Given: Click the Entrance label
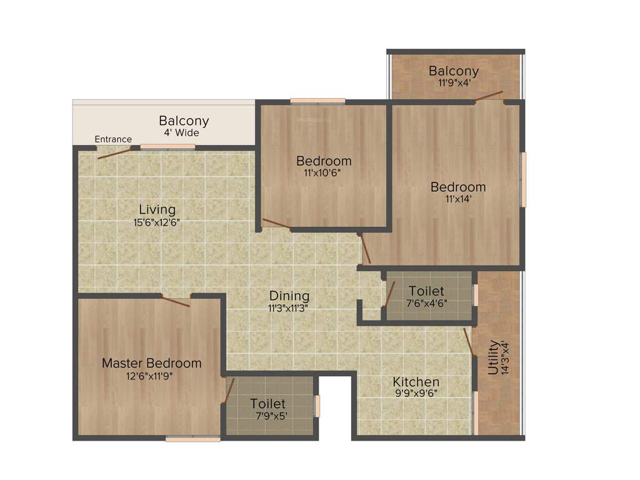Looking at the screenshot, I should coord(113,139).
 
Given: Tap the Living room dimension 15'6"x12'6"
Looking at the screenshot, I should coord(157,222).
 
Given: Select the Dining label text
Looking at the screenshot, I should coord(289,296).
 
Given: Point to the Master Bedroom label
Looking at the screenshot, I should coord(152,363).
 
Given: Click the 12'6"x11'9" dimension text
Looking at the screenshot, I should coord(149,376).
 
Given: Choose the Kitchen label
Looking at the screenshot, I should coord(416,382).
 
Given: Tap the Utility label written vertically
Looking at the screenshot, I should coord(493,357).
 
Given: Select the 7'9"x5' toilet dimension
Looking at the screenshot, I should coord(271,416).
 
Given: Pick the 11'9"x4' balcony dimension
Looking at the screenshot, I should coord(453,82).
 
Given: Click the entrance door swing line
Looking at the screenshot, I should coord(114,154).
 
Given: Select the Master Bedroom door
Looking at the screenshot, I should coord(176,301).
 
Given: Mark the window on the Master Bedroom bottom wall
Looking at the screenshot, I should coord(193,439).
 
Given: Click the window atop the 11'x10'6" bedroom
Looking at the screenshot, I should coord(317,101).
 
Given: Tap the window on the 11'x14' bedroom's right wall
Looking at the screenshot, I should coord(523,179).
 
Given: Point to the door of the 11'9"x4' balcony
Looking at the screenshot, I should coord(487,96).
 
